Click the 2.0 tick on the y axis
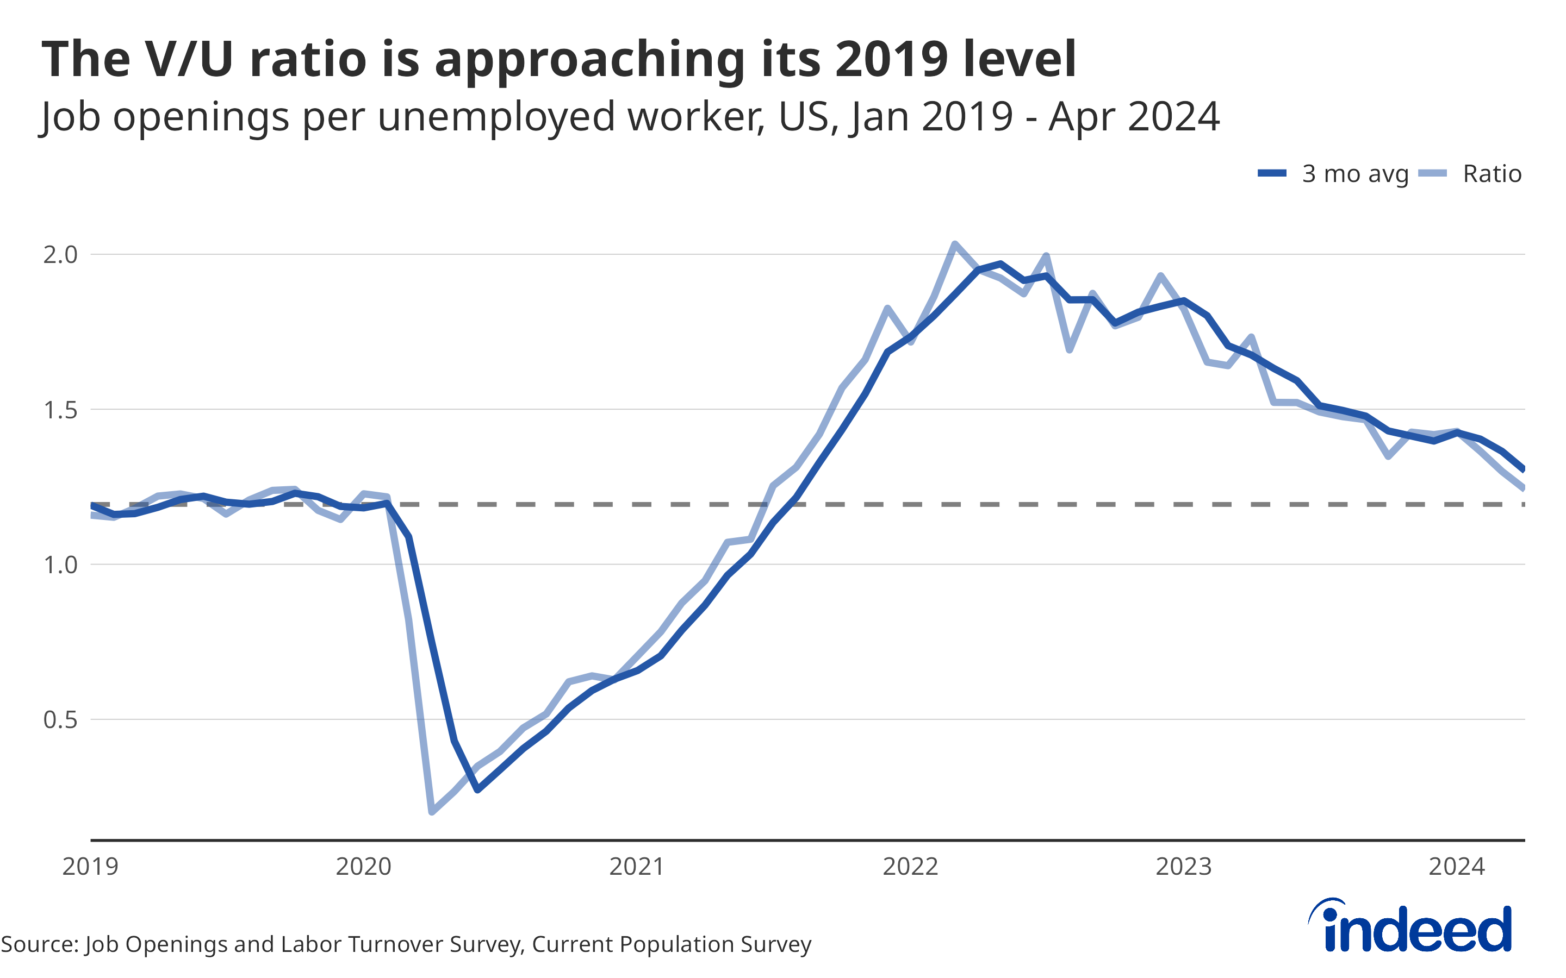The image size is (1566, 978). [x=60, y=255]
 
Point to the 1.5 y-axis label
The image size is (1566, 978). [x=60, y=410]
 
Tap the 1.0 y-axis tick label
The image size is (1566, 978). [x=60, y=565]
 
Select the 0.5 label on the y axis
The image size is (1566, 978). [x=60, y=720]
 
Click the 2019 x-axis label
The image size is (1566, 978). [x=91, y=867]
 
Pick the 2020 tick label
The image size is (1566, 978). [x=364, y=867]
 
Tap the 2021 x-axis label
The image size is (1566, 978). [x=637, y=867]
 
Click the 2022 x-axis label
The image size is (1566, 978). [x=910, y=867]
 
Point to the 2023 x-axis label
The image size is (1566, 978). [x=1184, y=867]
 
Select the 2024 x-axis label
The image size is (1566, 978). [x=1457, y=867]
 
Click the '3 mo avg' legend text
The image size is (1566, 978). [x=1355, y=174]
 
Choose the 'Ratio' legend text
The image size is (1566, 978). [x=1492, y=174]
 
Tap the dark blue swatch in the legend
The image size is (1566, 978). [x=1272, y=173]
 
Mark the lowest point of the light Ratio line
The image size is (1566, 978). [x=432, y=812]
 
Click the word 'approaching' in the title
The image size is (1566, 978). [x=589, y=60]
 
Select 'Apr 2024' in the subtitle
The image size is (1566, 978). [x=1134, y=117]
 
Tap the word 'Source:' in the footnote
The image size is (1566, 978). [x=40, y=944]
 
